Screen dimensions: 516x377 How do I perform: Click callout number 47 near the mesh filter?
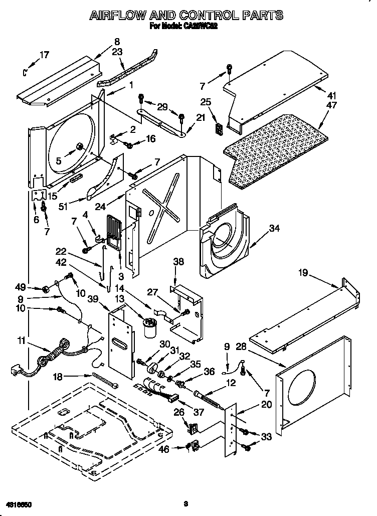point(331,105)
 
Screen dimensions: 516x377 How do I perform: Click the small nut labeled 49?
point(45,288)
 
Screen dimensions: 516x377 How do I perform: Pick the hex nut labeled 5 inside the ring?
point(79,146)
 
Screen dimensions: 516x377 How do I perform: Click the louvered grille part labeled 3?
point(113,232)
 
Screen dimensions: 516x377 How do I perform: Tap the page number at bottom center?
point(185,502)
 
